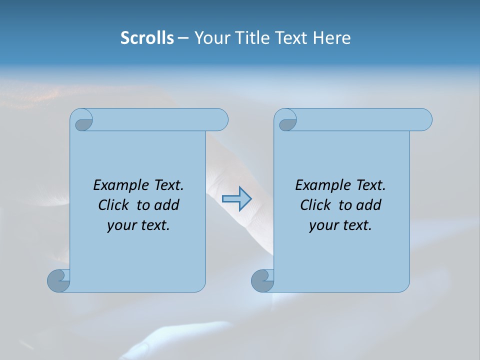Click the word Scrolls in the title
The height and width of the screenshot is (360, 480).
pyautogui.click(x=147, y=37)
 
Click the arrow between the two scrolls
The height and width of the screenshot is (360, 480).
pyautogui.click(x=236, y=198)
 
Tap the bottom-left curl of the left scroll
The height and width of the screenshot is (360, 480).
pyautogui.click(x=58, y=280)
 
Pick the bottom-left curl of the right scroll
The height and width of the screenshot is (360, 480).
pyautogui.click(x=262, y=280)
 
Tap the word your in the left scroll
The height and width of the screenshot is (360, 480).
pyautogui.click(x=122, y=225)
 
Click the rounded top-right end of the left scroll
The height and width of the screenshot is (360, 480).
pyautogui.click(x=220, y=119)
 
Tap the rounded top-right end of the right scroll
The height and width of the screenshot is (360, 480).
pyautogui.click(x=424, y=120)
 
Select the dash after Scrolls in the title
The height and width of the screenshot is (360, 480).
pyautogui.click(x=183, y=38)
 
